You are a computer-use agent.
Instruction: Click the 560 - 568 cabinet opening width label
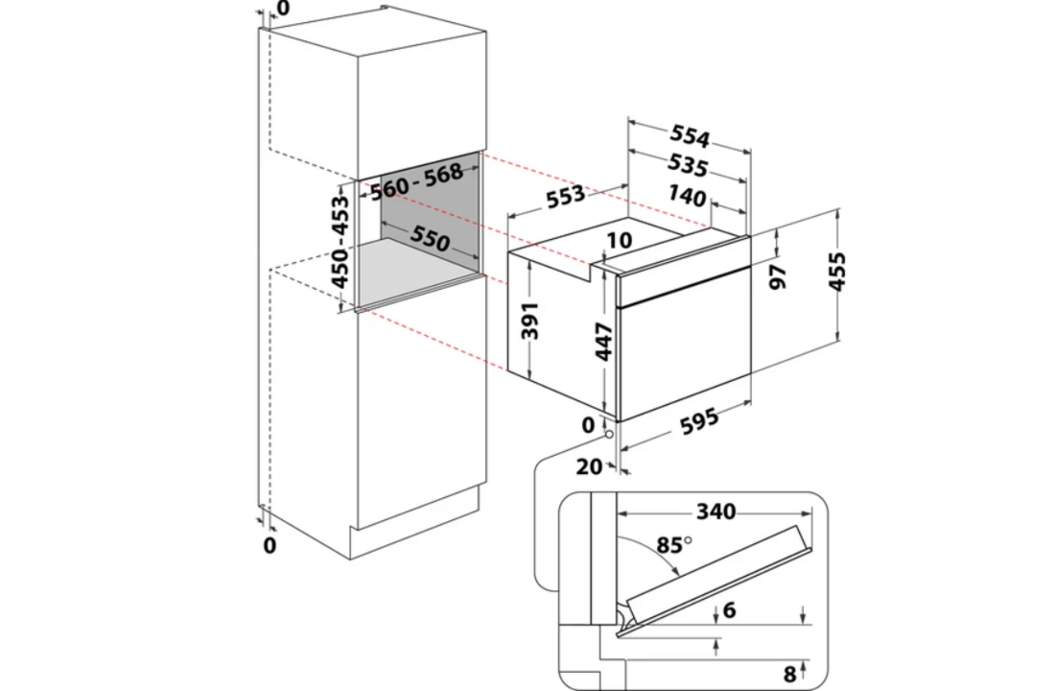[416, 179]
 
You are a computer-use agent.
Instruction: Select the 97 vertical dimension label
[779, 275]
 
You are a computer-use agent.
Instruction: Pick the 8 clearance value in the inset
[788, 674]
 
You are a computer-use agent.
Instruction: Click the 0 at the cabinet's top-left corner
[282, 9]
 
